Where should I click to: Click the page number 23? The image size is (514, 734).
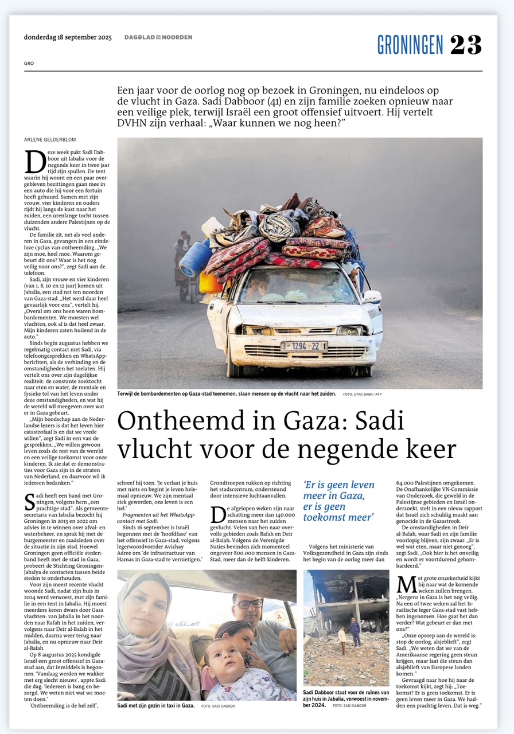click(x=466, y=45)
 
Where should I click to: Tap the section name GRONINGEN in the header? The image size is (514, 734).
click(x=410, y=45)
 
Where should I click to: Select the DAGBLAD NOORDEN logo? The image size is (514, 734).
click(x=158, y=37)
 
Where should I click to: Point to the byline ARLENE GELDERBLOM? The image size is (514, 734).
click(x=50, y=139)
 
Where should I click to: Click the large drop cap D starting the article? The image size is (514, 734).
click(x=34, y=162)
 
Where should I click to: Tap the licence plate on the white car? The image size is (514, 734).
click(x=303, y=346)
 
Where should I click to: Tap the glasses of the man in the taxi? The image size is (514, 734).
click(x=248, y=604)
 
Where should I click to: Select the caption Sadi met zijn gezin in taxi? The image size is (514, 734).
click(x=155, y=705)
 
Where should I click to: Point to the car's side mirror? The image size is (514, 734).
click(x=372, y=296)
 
